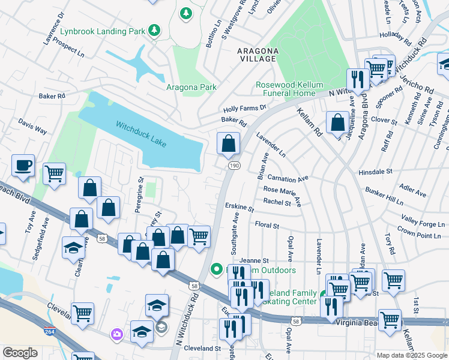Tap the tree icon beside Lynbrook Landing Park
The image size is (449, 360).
pos(154,29)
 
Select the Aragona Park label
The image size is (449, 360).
pos(191,87)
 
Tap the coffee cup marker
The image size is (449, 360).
pos(23,166)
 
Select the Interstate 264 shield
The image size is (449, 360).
pos(48,331)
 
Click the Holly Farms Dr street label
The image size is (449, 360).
pos(244,108)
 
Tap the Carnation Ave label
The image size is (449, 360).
pos(288,178)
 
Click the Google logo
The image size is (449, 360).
pos(20,353)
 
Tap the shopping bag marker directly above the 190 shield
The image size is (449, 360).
pos(228,143)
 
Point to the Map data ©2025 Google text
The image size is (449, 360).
pos(411,355)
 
